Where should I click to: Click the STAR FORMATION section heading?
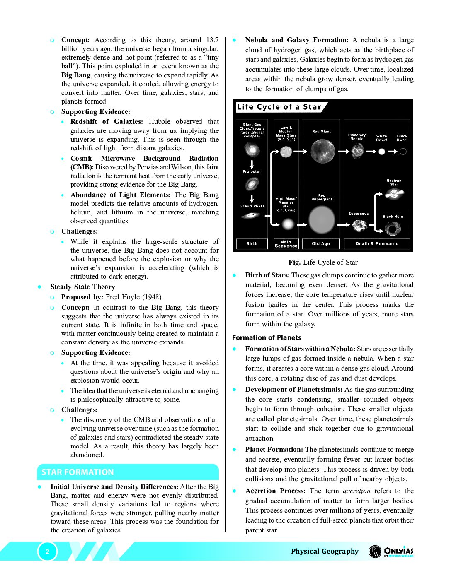(x=78, y=472)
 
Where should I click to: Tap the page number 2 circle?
(x=47, y=552)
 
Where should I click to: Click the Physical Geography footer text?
(x=325, y=551)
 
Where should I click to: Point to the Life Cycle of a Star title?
(x=279, y=107)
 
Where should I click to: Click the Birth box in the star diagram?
(x=252, y=244)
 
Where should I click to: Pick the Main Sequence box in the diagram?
(x=286, y=244)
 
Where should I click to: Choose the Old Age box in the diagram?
(x=321, y=244)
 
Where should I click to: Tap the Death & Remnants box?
(x=377, y=244)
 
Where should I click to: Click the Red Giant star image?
(x=322, y=151)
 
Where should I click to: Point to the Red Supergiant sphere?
(x=322, y=219)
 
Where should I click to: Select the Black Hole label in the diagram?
(x=393, y=217)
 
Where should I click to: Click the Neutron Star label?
(x=394, y=183)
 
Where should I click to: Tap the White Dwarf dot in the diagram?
(x=382, y=152)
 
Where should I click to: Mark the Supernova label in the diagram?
(x=358, y=214)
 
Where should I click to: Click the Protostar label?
(x=251, y=171)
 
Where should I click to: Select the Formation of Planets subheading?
(x=267, y=337)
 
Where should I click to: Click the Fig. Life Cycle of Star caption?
(x=323, y=262)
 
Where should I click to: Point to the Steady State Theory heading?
(x=82, y=287)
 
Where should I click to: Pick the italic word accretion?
(x=356, y=491)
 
